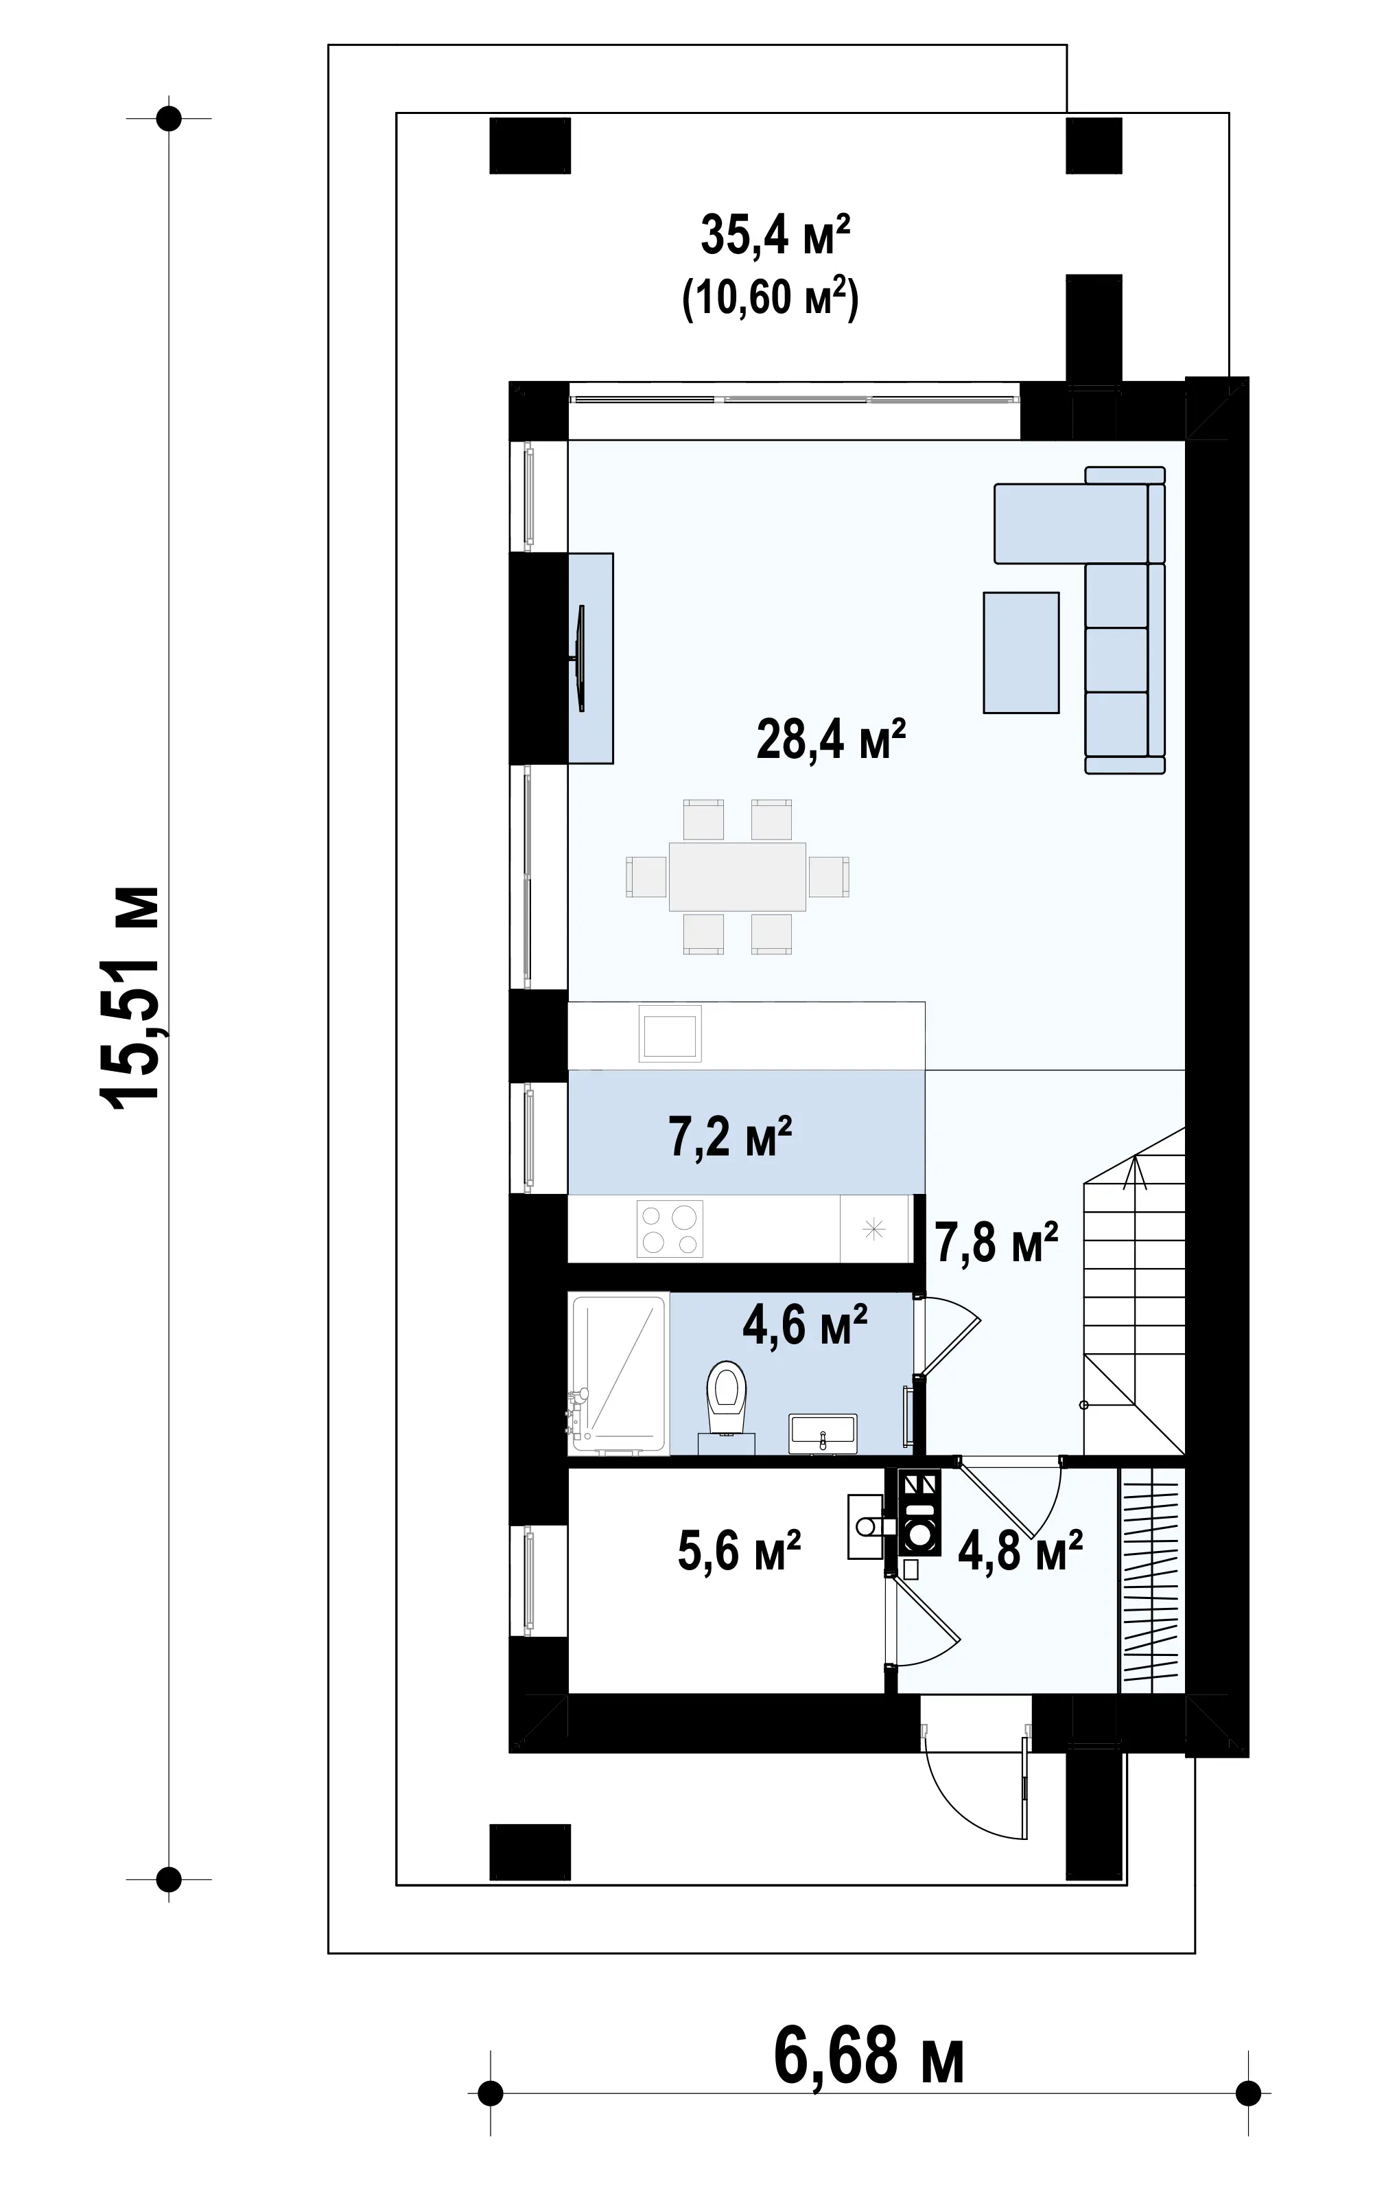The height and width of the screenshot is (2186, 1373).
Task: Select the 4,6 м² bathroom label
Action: point(805,1324)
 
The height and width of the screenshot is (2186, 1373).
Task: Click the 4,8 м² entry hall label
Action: point(1020,1550)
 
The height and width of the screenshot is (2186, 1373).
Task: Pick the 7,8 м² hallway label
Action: point(996,1243)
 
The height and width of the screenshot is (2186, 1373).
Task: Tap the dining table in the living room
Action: point(738,877)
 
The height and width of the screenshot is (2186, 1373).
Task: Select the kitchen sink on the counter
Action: point(670,1034)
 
